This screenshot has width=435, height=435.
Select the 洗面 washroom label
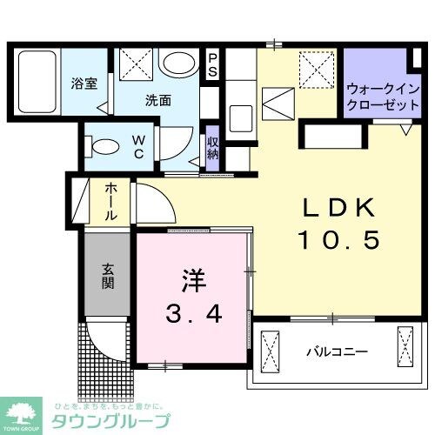tap(157, 99)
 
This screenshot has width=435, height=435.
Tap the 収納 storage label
tap(212, 149)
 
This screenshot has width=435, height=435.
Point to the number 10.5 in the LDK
tap(339, 240)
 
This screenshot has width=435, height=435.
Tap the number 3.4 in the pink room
tap(193, 314)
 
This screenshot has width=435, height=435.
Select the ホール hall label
tap(112, 201)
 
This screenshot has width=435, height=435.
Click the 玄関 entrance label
tap(108, 276)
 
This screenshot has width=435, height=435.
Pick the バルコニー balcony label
tap(337, 352)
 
